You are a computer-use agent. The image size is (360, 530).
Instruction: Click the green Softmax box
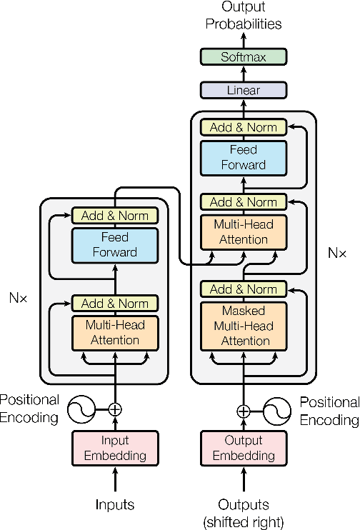coord(244,57)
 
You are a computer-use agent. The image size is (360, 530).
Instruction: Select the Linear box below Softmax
coord(244,90)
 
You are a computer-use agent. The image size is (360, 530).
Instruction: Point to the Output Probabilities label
coord(244,16)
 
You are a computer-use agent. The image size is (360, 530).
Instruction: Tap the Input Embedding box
coord(114,448)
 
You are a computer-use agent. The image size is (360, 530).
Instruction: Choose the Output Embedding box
coord(244,448)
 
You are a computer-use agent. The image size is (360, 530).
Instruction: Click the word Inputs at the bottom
coord(114,505)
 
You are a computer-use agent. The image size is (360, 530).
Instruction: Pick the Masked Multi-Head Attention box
coord(244,326)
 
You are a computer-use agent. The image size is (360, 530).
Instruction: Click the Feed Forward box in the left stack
coord(114,244)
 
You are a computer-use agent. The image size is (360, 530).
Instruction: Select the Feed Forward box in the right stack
coord(244,157)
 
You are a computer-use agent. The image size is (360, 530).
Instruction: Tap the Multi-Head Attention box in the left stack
coord(114,332)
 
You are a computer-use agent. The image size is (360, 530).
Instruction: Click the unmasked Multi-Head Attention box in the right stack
coord(244,231)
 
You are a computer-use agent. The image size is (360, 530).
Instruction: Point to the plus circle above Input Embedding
coord(114,410)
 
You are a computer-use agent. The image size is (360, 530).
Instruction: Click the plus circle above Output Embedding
coord(244,411)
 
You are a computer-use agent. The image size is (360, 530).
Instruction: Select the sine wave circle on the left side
coord(81,410)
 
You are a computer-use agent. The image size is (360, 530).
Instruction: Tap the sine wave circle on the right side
coord(277,411)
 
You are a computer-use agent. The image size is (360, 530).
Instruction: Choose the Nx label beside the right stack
coord(336,253)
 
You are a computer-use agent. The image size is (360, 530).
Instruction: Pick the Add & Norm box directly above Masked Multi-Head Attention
coord(244,289)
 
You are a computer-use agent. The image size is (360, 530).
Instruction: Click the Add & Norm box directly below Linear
coord(244,128)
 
